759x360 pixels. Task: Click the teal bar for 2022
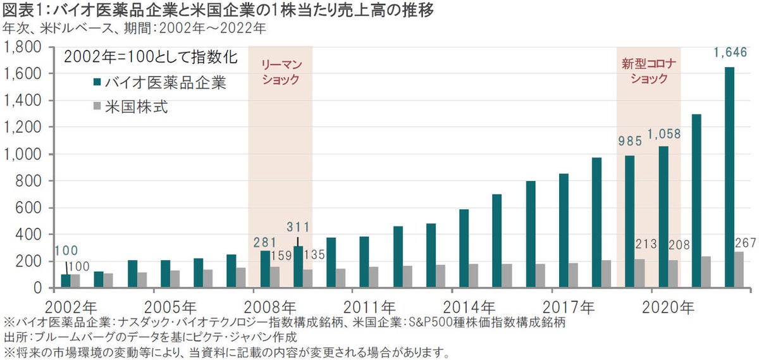[729, 177]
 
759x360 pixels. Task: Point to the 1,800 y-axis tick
[23, 47]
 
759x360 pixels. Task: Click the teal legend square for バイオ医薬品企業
[97, 82]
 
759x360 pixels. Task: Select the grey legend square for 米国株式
[97, 107]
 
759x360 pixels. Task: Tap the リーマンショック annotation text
[280, 72]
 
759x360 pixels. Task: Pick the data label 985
[629, 137]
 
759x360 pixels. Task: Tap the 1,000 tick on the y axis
[23, 154]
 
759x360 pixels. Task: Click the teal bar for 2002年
[66, 281]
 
